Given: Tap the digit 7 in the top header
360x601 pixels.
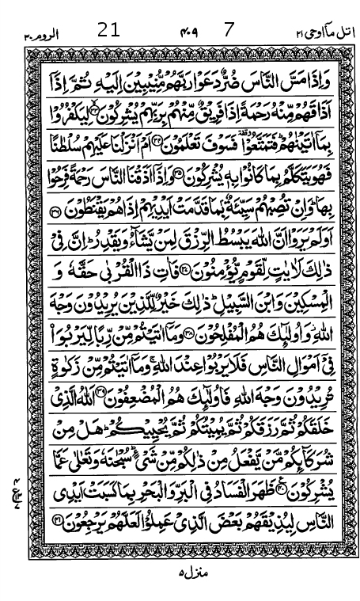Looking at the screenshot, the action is tap(229, 31).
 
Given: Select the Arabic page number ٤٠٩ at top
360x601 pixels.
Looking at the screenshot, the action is tap(189, 32).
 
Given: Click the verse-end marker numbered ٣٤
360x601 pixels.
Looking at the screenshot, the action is tap(179, 142).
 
